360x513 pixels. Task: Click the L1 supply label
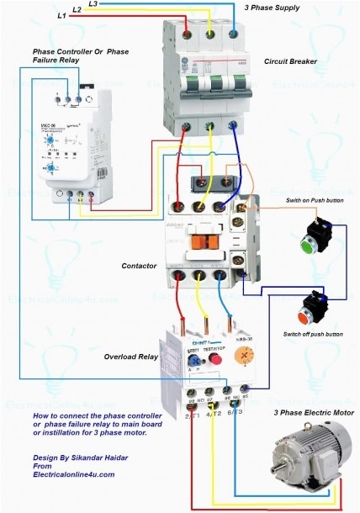(x=62, y=15)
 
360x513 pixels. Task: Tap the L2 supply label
(x=77, y=9)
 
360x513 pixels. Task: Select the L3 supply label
(x=93, y=4)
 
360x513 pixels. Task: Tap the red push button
(x=304, y=316)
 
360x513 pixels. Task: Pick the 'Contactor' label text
(x=138, y=266)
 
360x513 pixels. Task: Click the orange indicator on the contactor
(x=200, y=241)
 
